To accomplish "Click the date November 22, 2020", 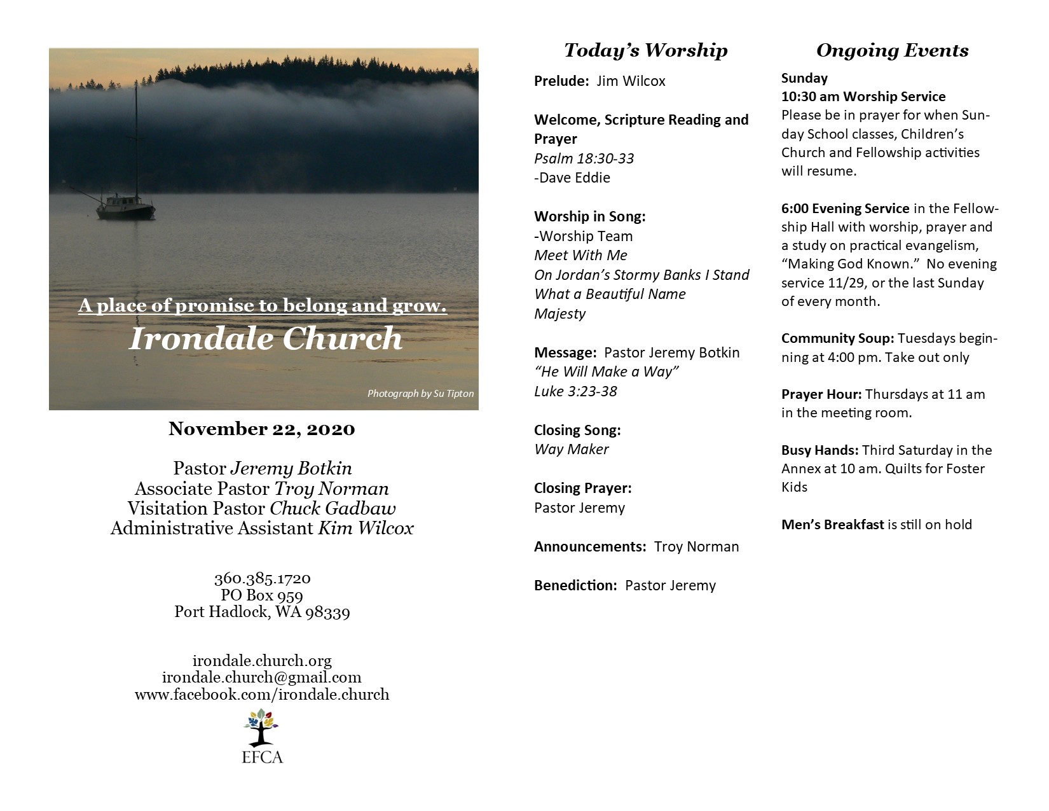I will point(262,429).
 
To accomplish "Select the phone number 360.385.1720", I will point(262,579).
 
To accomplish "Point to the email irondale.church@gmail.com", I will point(262,677).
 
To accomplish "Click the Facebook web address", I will point(262,694).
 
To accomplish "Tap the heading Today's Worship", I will point(645,50).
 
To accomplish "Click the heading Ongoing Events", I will point(892,50).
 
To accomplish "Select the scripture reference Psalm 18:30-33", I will point(584,158).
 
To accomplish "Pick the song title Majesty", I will point(559,314).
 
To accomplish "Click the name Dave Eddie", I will point(573,177).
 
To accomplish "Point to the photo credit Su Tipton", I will point(420,394).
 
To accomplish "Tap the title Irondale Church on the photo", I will point(266,338).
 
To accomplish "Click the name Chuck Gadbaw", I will point(333,508).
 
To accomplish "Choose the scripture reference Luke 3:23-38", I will point(575,391).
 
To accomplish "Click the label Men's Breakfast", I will point(832,525).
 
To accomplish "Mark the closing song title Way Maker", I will point(571,449).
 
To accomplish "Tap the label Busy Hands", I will point(819,450).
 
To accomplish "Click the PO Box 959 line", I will point(262,595).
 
